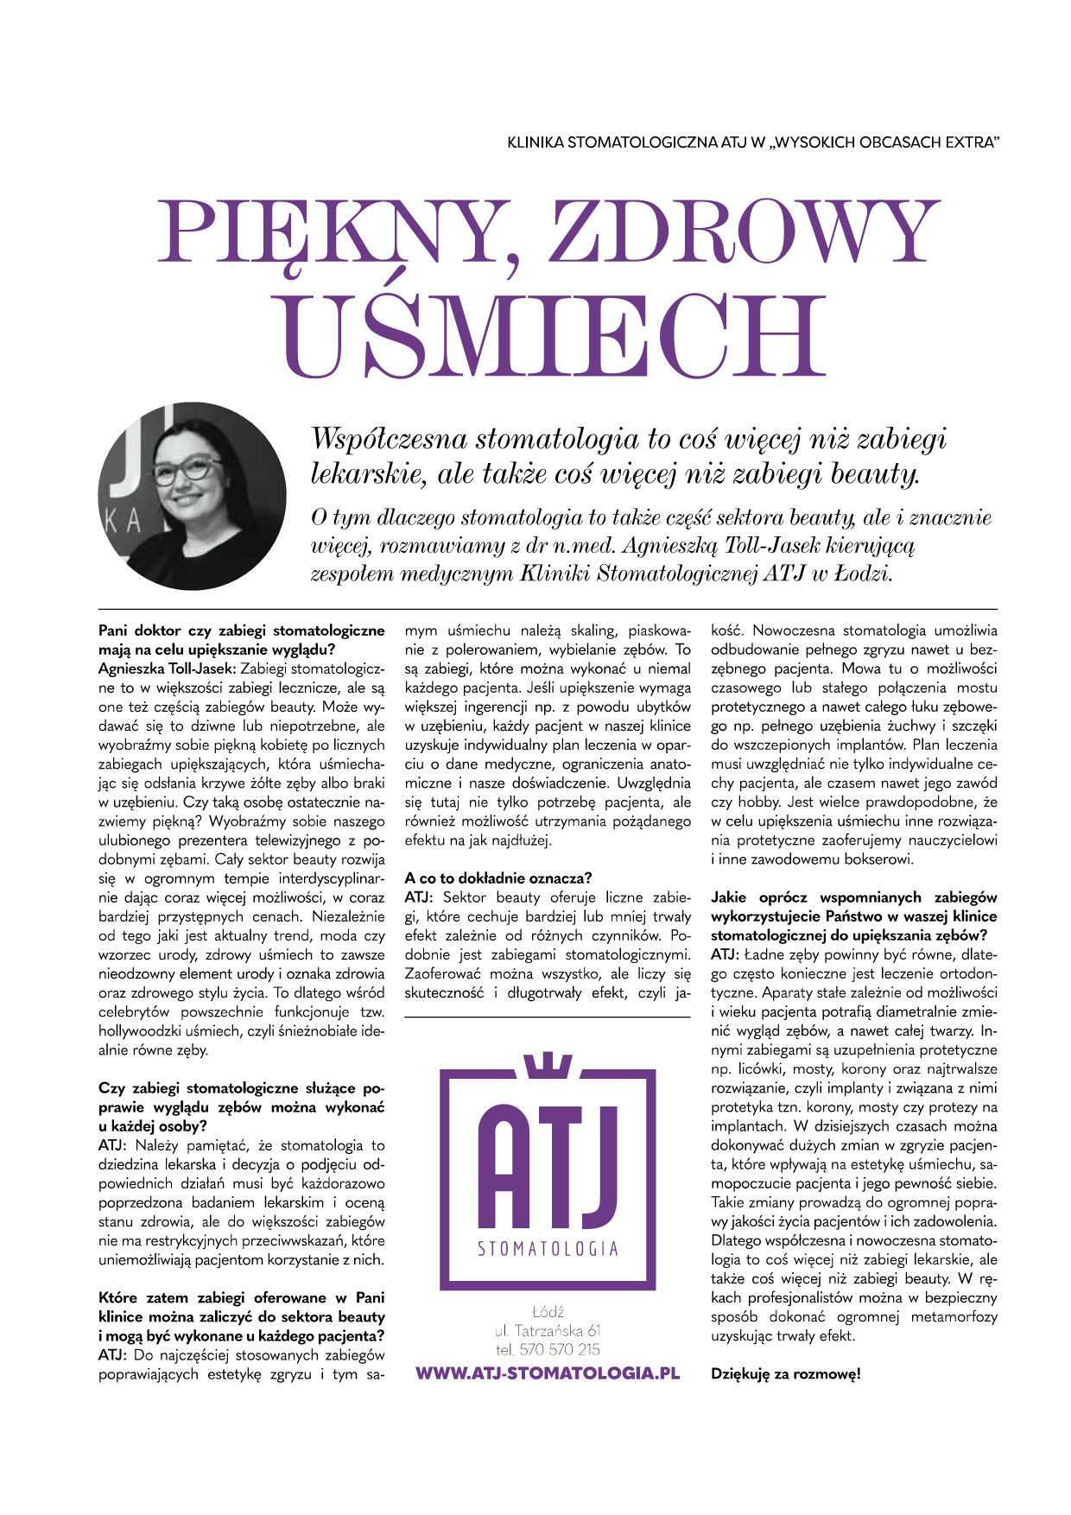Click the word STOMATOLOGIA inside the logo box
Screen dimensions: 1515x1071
(x=548, y=1249)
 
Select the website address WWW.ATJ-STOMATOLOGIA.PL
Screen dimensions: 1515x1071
(x=548, y=1373)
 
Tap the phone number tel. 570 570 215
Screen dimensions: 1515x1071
(x=548, y=1349)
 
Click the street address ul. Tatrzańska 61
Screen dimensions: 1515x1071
(x=548, y=1330)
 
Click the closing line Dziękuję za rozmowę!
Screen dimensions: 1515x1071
(x=785, y=1374)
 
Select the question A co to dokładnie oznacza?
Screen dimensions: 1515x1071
(x=498, y=878)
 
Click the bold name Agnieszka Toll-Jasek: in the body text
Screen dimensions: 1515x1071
(x=168, y=669)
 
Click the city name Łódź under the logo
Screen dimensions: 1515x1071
(x=548, y=1311)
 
